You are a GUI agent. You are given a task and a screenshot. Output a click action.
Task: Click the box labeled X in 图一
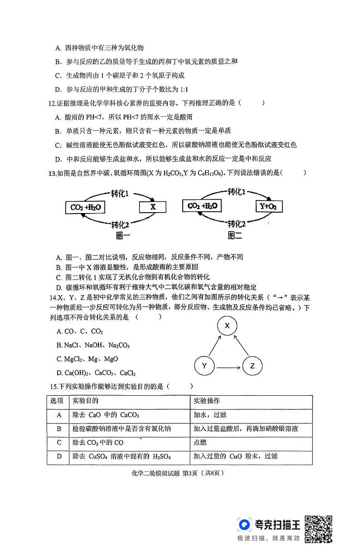click(153, 207)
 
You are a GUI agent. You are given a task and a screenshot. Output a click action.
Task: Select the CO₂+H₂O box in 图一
click(85, 207)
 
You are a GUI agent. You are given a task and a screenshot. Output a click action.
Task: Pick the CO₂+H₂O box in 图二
click(202, 206)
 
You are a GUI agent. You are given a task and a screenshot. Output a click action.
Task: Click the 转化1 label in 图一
click(120, 194)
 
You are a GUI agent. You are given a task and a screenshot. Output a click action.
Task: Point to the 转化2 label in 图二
click(236, 223)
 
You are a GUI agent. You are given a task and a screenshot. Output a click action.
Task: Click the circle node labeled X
click(228, 326)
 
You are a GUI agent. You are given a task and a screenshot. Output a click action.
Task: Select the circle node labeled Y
click(204, 365)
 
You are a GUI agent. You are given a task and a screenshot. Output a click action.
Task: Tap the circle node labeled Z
click(253, 365)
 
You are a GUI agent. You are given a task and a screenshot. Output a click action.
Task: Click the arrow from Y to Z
click(228, 365)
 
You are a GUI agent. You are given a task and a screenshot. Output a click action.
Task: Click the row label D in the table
click(58, 456)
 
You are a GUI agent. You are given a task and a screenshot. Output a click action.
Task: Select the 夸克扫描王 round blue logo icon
click(244, 525)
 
